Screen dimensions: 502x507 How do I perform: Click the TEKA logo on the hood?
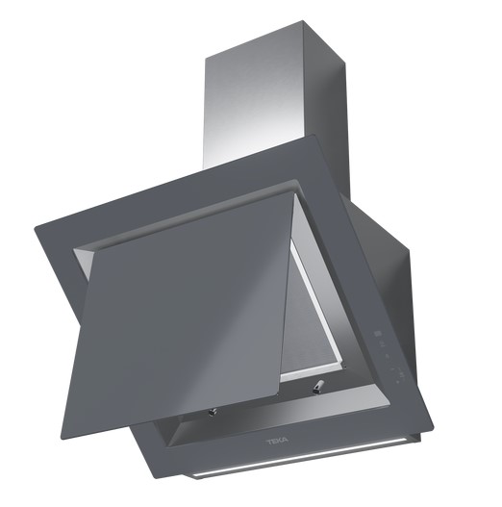click(x=278, y=442)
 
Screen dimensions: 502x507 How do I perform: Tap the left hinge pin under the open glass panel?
click(x=212, y=412)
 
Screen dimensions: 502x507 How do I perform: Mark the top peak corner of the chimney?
click(x=303, y=21)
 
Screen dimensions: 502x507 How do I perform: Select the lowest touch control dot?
click(x=397, y=382)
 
